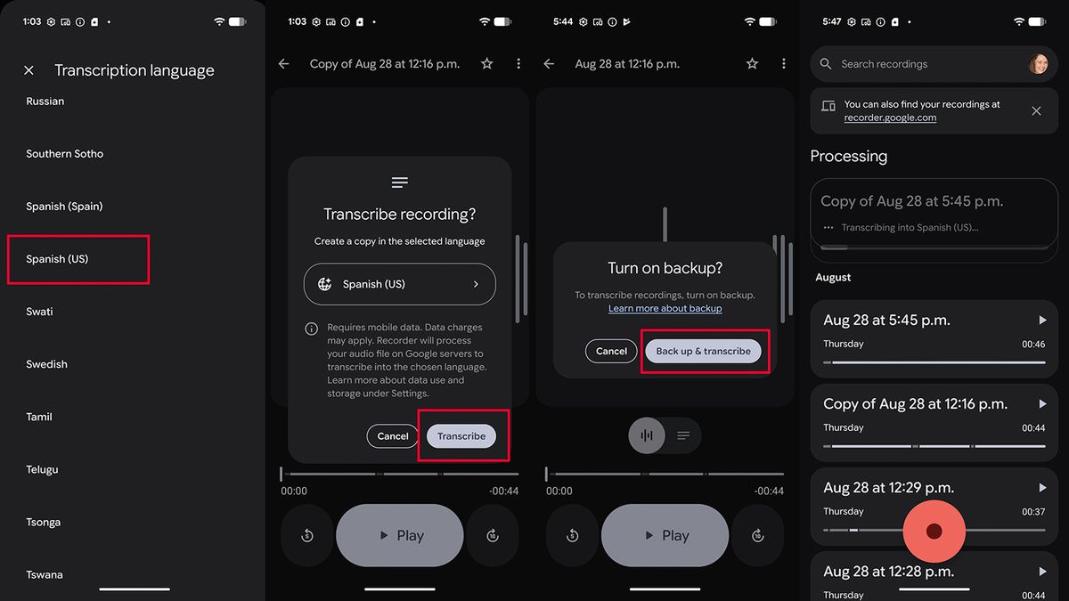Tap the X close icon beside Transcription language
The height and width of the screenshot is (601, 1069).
[29, 70]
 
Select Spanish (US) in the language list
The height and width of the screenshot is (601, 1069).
[57, 259]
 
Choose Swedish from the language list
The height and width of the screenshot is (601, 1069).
[46, 364]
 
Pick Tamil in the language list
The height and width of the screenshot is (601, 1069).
[39, 417]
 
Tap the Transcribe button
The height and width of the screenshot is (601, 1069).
[461, 436]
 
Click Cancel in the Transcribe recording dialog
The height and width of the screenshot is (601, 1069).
[392, 436]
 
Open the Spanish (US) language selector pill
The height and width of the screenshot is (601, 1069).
[399, 284]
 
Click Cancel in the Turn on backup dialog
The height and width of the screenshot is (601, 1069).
[611, 351]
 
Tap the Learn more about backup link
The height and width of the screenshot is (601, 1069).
[665, 309]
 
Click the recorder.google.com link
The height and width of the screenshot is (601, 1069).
[890, 118]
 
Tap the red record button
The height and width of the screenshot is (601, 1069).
[934, 531]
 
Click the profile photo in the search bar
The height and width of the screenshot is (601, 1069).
[1038, 64]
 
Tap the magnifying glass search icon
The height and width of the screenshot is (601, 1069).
[826, 64]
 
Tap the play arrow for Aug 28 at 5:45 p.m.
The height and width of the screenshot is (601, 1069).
[1043, 320]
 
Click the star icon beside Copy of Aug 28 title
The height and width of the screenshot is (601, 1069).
[486, 63]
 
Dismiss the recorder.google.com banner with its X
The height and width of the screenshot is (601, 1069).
[1036, 111]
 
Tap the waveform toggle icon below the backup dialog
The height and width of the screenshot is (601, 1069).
[647, 435]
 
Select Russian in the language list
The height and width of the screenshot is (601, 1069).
[45, 102]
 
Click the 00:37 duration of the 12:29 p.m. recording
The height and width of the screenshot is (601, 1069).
[1033, 512]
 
